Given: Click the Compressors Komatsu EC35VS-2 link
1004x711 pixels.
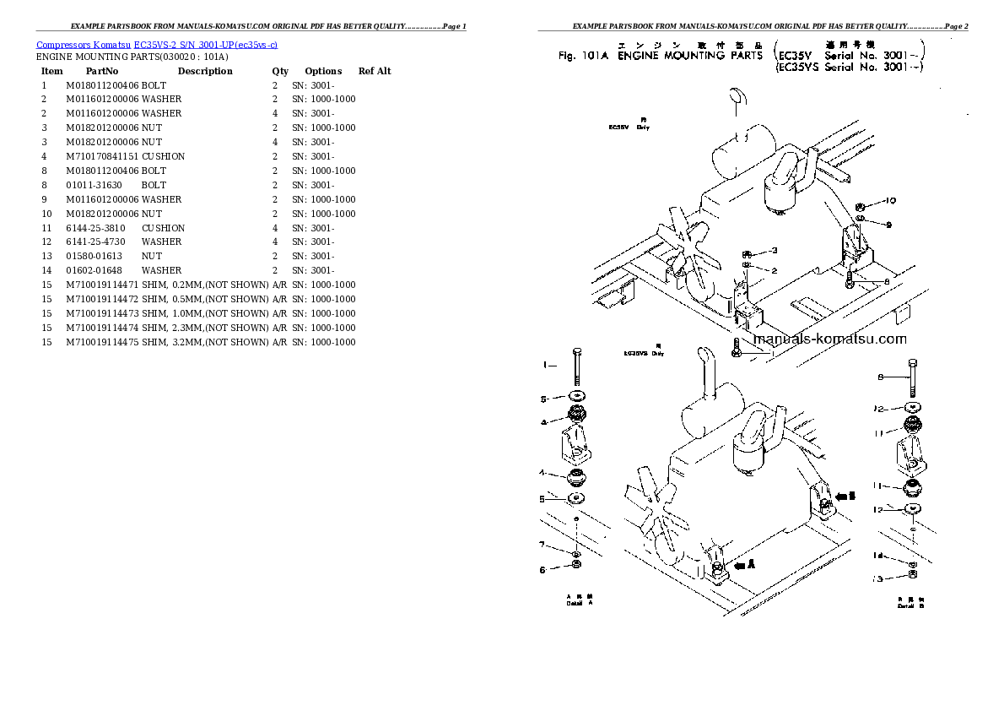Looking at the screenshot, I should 157,44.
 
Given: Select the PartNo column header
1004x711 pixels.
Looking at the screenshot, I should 102,71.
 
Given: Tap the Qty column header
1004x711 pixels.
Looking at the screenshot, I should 279,71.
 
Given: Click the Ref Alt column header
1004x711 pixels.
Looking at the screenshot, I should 375,71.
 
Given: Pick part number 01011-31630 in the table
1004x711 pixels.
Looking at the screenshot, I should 93,185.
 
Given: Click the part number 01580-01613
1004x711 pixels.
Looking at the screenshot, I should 93,256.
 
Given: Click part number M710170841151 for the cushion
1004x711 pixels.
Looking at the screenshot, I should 101,156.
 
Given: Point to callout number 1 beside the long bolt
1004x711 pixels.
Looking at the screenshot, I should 545,365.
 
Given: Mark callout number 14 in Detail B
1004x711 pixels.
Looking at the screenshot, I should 878,556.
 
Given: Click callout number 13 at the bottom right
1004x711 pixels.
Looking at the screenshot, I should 878,578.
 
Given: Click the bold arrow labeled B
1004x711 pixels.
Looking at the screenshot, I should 846,497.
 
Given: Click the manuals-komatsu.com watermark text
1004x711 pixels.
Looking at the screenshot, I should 829,339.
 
